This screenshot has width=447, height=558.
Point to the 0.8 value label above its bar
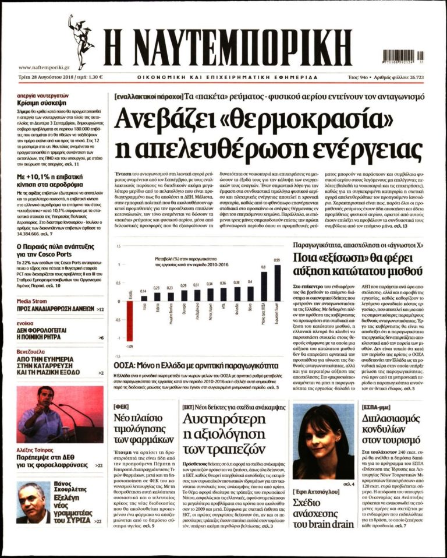(264, 267)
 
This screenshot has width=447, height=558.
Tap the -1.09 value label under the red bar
(129, 346)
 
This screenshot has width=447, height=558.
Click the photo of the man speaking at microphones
(59, 415)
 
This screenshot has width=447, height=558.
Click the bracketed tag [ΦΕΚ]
(124, 407)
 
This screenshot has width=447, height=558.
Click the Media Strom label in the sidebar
(32, 301)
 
